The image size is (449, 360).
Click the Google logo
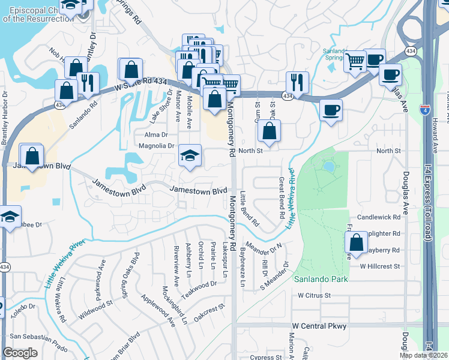(20, 353)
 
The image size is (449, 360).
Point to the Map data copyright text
(423, 355)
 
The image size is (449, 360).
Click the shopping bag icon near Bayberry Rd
(357, 242)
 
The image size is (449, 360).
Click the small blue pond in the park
(328, 166)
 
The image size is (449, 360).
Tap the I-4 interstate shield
(424, 110)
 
